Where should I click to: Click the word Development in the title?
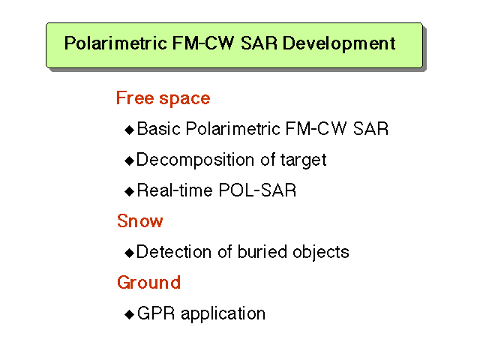pos(339,43)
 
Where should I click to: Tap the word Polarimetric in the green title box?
pos(115,43)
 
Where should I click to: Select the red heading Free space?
pos(163,98)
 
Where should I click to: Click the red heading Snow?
pos(140,221)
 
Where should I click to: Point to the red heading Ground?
pos(148,282)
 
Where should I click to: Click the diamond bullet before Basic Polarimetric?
pos(130,130)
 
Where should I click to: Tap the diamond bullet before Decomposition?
pos(130,160)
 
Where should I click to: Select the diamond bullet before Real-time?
pos(130,191)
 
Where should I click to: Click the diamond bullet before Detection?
pos(130,253)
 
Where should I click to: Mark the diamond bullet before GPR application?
pos(130,314)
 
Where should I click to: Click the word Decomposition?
pos(195,160)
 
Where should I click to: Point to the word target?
pos(303,160)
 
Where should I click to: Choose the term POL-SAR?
pos(257,190)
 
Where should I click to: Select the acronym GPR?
pos(156,313)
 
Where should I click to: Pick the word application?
pos(223,314)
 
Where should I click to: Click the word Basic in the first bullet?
pos(158,128)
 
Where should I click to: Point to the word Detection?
pos(174,252)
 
